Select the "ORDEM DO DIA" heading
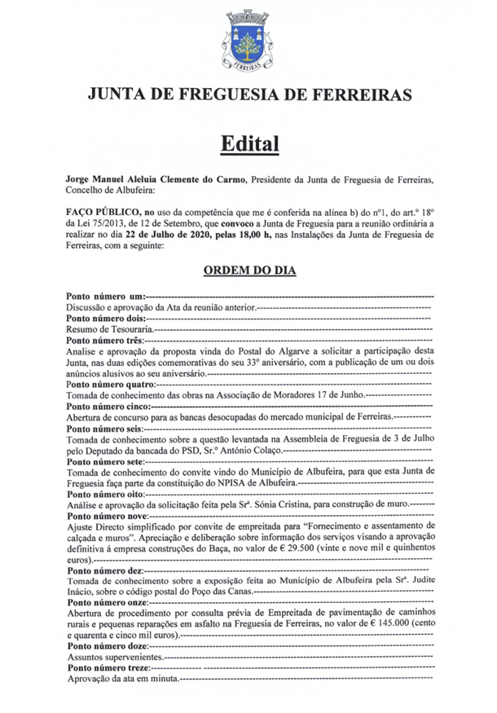tap(248, 270)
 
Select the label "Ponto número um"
tap(105, 295)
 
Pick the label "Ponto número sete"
tap(105, 460)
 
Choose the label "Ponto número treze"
tap(108, 667)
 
